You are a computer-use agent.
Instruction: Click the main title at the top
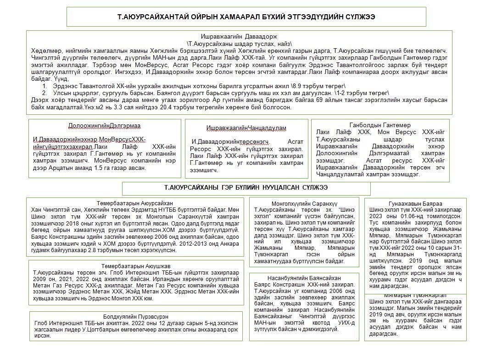click(x=246, y=17)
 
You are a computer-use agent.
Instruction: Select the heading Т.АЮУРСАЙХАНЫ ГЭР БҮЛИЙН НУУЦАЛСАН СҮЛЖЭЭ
click(x=246, y=188)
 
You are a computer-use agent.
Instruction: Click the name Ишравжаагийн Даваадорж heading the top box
click(x=240, y=36)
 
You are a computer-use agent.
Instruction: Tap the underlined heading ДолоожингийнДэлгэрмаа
click(x=104, y=125)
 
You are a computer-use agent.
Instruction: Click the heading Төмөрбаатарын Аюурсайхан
click(x=134, y=203)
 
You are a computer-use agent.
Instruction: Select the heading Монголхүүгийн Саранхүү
click(x=304, y=203)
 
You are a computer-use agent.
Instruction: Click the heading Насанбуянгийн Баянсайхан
click(x=304, y=278)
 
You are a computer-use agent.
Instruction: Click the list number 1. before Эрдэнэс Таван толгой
click(x=45, y=86)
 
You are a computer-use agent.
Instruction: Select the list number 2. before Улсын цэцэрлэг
click(x=45, y=92)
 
